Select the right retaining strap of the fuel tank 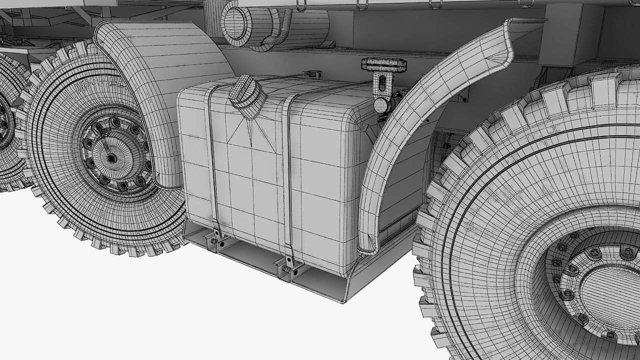point(287,175)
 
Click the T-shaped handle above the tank point(384,64)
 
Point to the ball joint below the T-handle point(382,104)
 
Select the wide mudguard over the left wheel point(160,75)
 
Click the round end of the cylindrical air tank point(238,22)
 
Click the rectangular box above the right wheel point(567,35)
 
